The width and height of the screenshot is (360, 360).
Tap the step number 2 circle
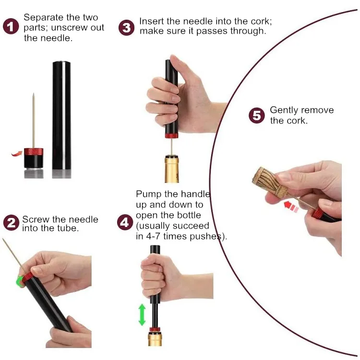click(11, 223)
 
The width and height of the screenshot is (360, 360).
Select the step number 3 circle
click(126, 27)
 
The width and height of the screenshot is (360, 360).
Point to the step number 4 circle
click(125, 222)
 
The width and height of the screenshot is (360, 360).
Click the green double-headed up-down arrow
click(142, 314)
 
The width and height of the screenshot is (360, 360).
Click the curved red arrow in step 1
click(17, 153)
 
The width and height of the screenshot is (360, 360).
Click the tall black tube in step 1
click(61, 115)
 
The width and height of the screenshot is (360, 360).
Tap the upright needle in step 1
click(34, 120)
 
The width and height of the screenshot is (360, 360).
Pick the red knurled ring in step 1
click(34, 152)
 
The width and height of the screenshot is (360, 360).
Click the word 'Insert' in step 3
click(151, 22)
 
